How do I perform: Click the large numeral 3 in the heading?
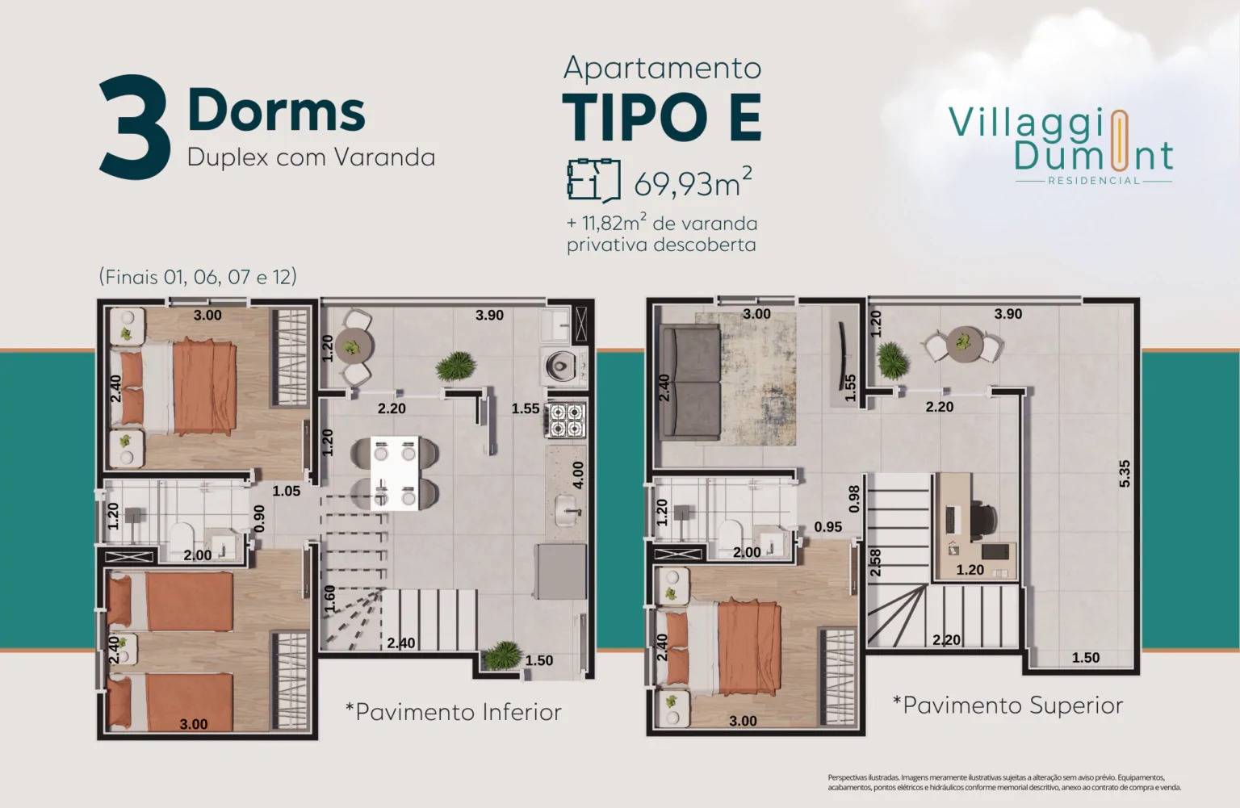pyautogui.click(x=135, y=127)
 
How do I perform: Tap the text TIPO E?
pyautogui.click(x=661, y=118)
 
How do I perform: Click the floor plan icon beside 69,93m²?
pyautogui.click(x=593, y=178)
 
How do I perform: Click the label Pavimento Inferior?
pyautogui.click(x=453, y=712)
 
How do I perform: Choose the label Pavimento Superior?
pyautogui.click(x=1007, y=705)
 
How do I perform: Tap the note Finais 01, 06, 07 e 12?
pyautogui.click(x=198, y=277)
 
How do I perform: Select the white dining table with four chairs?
pyautogui.click(x=396, y=473)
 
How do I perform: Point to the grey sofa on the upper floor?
pyautogui.click(x=689, y=383)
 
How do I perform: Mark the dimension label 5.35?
pyautogui.click(x=1125, y=473)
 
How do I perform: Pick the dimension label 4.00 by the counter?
pyautogui.click(x=576, y=475)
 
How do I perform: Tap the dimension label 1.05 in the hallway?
pyautogui.click(x=286, y=491)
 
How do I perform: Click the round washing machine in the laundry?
pyautogui.click(x=559, y=365)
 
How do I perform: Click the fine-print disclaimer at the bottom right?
pyautogui.click(x=1003, y=782)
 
